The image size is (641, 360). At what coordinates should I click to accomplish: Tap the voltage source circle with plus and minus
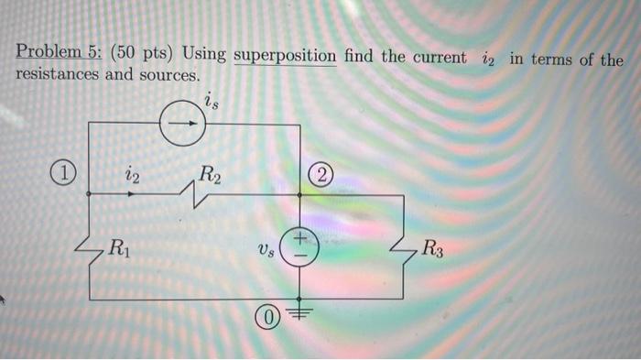click(301, 247)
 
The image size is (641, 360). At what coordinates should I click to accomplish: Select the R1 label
click(118, 246)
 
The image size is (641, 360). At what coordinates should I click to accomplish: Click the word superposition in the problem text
click(285, 57)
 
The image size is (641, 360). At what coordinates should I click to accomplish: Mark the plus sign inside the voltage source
click(302, 238)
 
